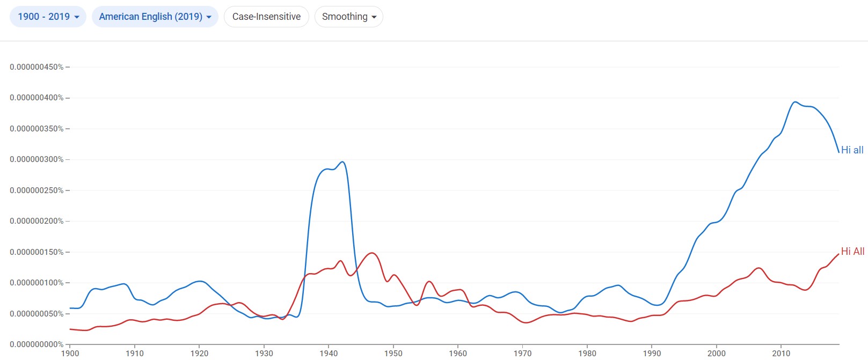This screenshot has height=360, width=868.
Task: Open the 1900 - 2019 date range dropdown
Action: pyautogui.click(x=48, y=17)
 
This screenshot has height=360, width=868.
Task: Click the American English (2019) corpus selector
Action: pyautogui.click(x=155, y=17)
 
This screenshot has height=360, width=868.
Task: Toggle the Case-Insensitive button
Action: pyautogui.click(x=266, y=17)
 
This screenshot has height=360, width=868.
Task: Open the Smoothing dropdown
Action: pyautogui.click(x=348, y=17)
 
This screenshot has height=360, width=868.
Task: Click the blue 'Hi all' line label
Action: pyautogui.click(x=852, y=150)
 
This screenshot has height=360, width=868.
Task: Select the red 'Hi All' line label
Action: pyautogui.click(x=852, y=251)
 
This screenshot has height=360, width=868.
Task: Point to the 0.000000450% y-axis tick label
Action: pyautogui.click(x=37, y=67)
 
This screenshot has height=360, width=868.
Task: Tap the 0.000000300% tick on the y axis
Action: pyautogui.click(x=37, y=159)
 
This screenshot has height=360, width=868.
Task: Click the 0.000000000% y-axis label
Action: pyautogui.click(x=37, y=344)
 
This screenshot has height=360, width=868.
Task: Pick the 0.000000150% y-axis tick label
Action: pyautogui.click(x=37, y=252)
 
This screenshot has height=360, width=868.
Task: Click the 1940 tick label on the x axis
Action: pyautogui.click(x=329, y=353)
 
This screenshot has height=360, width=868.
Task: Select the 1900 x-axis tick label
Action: pyautogui.click(x=70, y=353)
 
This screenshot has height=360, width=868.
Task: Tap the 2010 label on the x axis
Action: pyautogui.click(x=781, y=353)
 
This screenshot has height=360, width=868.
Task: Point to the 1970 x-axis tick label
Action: pyautogui.click(x=522, y=353)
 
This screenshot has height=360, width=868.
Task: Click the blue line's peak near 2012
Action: pyautogui.click(x=795, y=102)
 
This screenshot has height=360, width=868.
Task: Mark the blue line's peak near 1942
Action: pyautogui.click(x=342, y=161)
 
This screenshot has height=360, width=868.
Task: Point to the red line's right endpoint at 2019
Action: pyautogui.click(x=838, y=254)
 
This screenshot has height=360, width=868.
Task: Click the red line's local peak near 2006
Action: pyautogui.click(x=758, y=268)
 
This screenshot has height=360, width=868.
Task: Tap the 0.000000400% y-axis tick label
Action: pyautogui.click(x=37, y=98)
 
